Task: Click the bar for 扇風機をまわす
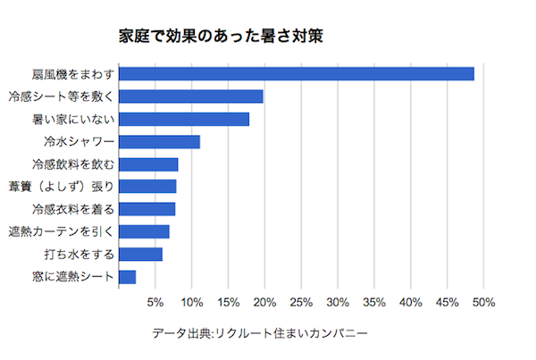coord(296,73)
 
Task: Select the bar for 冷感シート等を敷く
coord(190,96)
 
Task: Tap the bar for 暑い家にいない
coord(184,119)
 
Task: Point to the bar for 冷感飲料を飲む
coord(148,163)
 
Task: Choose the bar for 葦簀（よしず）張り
coord(147,186)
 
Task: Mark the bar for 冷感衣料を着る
coord(147,209)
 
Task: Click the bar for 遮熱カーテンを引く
coord(144,231)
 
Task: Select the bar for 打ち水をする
coord(140,254)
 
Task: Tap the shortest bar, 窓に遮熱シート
coord(127,277)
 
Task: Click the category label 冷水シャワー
coord(79,141)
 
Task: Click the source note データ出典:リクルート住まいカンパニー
coord(259,334)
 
